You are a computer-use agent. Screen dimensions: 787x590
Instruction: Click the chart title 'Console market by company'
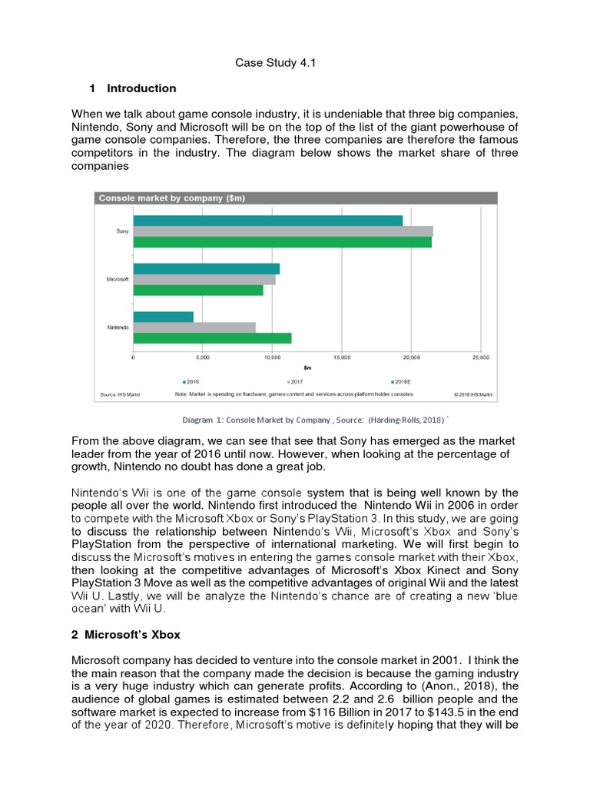(171, 198)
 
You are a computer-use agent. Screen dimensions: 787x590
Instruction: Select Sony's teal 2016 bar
(267, 221)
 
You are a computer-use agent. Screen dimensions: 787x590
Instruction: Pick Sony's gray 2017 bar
(283, 231)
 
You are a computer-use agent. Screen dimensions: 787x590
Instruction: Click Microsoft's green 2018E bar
(198, 291)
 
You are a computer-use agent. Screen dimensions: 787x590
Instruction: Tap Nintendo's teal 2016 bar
(164, 317)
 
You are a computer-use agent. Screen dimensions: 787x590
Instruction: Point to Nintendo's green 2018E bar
(212, 338)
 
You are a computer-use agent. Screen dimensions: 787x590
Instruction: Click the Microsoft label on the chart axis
(118, 279)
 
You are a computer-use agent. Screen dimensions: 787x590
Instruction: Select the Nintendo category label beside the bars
(118, 327)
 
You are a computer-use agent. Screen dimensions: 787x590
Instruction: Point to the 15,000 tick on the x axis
(342, 358)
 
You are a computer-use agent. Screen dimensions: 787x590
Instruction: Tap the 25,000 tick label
(480, 358)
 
